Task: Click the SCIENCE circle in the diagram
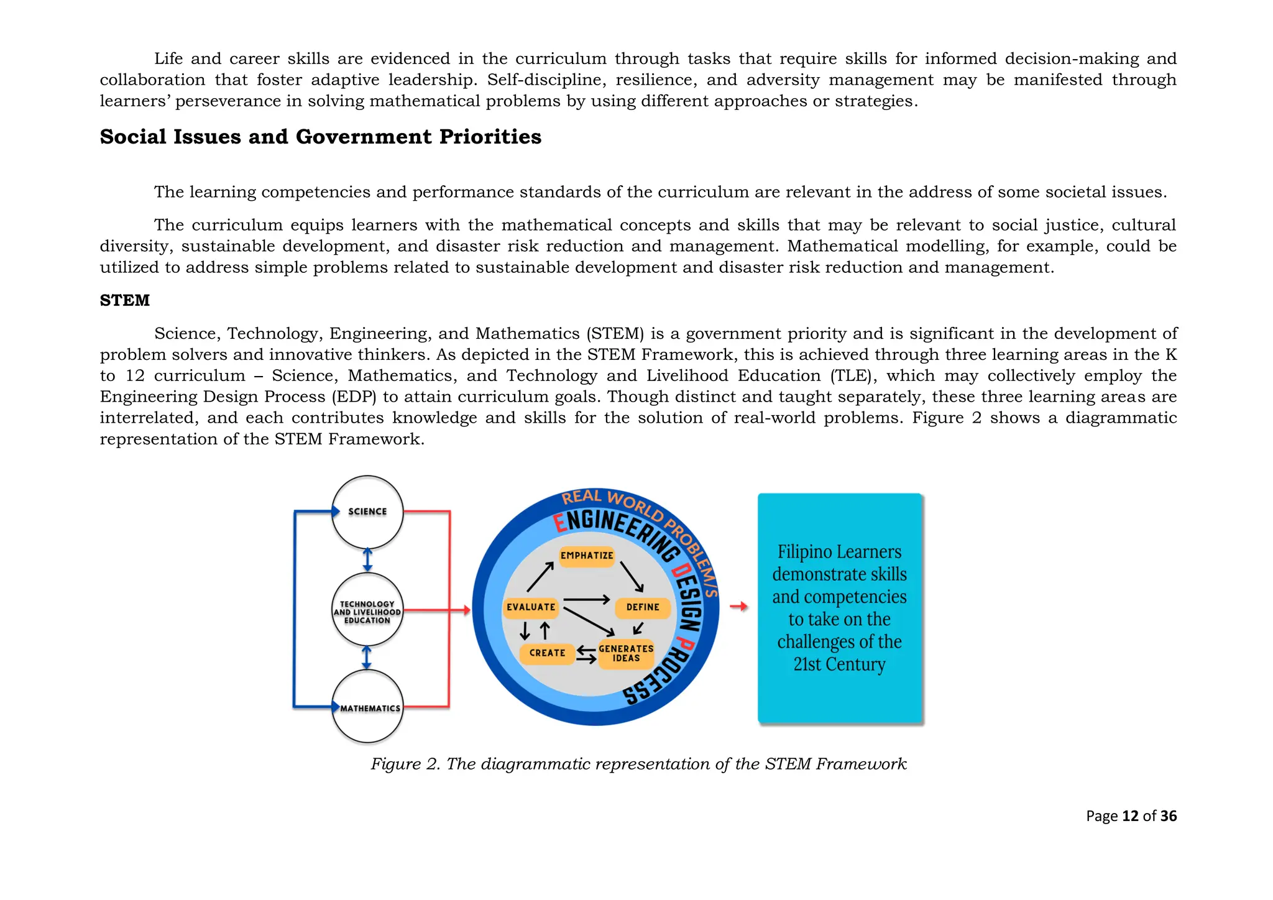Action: coord(367,512)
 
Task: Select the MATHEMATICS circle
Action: coord(368,707)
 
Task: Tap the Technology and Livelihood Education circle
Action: coord(367,612)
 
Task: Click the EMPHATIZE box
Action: coord(587,555)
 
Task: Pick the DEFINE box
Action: coord(643,607)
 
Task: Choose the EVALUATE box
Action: coord(531,607)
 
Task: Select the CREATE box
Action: coord(547,653)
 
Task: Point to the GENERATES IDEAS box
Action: coord(626,653)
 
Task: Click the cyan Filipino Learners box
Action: coord(840,608)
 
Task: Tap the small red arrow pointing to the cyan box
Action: coord(738,607)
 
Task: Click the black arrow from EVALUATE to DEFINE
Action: coord(586,600)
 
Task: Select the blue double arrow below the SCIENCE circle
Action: coord(367,559)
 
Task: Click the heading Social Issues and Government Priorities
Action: coord(321,137)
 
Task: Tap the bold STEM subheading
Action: coord(125,300)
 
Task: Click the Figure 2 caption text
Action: coord(638,763)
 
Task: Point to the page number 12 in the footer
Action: coord(1130,816)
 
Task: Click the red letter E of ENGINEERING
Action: coord(561,523)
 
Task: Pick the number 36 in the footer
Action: coord(1169,816)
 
